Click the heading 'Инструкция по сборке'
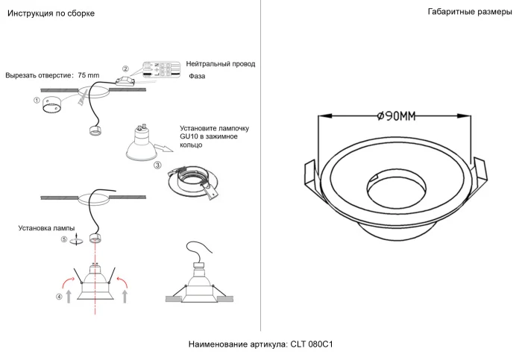click(50, 13)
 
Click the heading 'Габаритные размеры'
click(470, 13)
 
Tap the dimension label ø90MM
click(396, 116)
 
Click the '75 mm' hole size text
click(88, 75)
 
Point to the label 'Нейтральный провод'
click(221, 65)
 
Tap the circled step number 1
click(37, 100)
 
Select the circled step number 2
click(125, 69)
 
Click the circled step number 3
click(157, 165)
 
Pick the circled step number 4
click(59, 297)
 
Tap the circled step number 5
click(64, 240)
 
